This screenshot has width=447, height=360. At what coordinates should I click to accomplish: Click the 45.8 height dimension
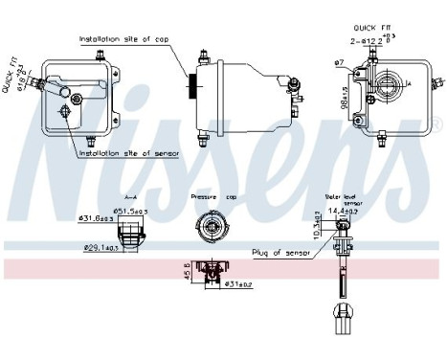coord(187,272)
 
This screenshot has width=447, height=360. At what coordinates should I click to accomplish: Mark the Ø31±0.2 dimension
coord(238,283)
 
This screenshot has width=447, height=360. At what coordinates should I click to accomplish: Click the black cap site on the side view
coord(194,87)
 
